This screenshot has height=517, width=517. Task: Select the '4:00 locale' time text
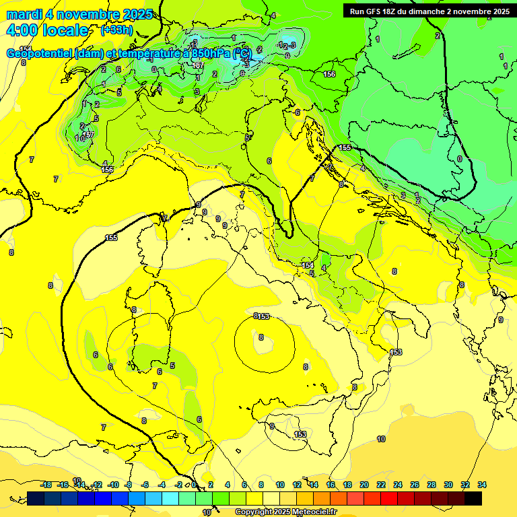pyautogui.click(x=46, y=30)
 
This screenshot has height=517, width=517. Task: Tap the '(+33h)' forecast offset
pyautogui.click(x=116, y=30)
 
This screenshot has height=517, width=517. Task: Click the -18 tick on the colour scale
pyautogui.click(x=46, y=485)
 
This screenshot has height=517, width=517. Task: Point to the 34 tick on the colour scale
pyautogui.click(x=482, y=485)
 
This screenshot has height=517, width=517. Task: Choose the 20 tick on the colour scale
pyautogui.click(x=364, y=485)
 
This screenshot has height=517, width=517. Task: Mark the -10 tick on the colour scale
pyautogui.click(x=114, y=485)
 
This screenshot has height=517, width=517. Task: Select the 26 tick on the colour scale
pyautogui.click(x=415, y=485)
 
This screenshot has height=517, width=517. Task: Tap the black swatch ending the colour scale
pyautogui.click(x=473, y=498)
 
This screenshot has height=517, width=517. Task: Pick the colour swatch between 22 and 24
pyautogui.click(x=389, y=498)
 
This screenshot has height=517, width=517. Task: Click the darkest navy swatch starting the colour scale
pyautogui.click(x=36, y=498)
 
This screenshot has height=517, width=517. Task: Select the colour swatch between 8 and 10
pyautogui.click(x=271, y=498)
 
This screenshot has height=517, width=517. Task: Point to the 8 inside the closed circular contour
pyautogui.click(x=261, y=338)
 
